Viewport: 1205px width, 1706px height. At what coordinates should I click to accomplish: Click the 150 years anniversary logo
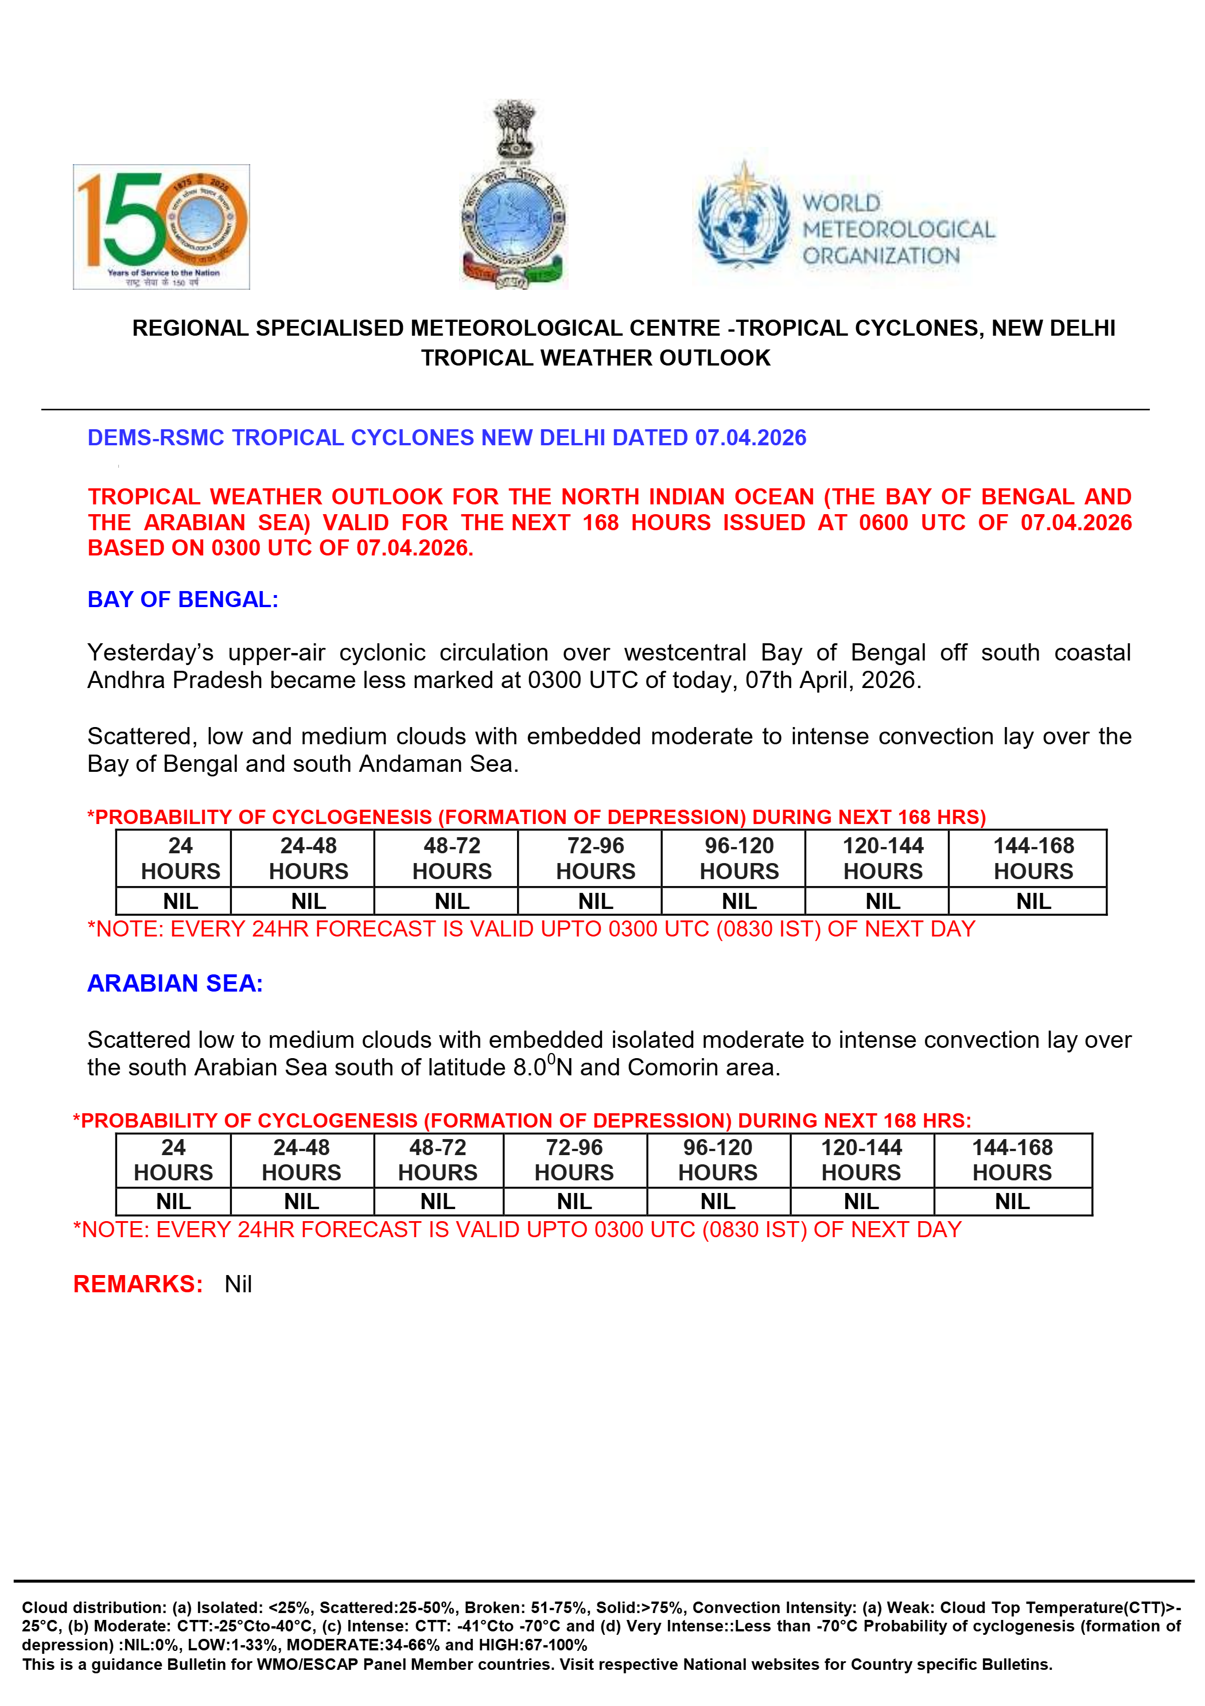click(x=161, y=227)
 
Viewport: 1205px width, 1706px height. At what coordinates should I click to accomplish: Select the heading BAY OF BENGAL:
click(x=182, y=600)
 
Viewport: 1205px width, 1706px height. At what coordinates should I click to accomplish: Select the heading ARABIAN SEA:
click(x=176, y=983)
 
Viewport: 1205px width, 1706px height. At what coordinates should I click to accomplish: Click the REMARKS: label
click(x=138, y=1284)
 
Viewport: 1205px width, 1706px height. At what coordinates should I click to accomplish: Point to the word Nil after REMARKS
click(x=239, y=1284)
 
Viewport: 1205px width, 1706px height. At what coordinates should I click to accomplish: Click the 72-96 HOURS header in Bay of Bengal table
click(x=596, y=858)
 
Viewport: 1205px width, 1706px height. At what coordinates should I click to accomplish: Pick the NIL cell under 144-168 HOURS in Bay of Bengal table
click(x=1033, y=901)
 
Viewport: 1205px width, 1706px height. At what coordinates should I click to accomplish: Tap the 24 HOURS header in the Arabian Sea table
click(x=173, y=1160)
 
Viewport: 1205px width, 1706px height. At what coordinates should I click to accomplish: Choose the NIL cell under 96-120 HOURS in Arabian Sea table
click(x=718, y=1202)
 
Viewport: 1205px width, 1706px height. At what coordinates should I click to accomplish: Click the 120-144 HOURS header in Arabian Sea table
click(x=861, y=1160)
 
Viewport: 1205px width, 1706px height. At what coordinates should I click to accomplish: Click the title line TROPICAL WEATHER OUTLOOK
click(x=596, y=358)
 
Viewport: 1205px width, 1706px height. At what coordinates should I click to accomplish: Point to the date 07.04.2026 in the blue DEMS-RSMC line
click(x=751, y=438)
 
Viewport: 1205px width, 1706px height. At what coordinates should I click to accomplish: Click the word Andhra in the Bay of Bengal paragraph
click(x=126, y=680)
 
